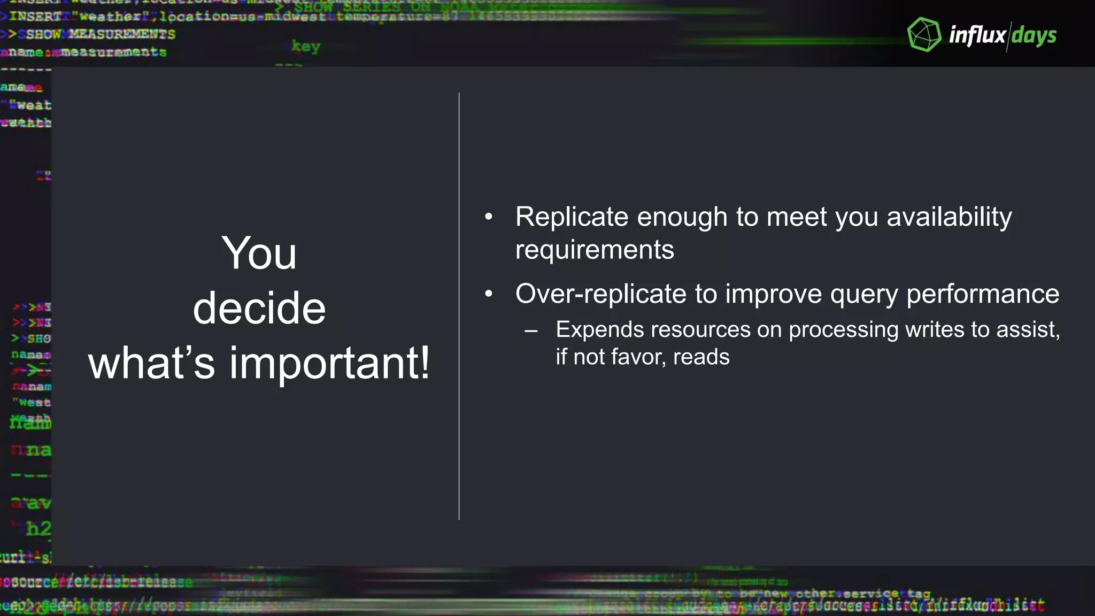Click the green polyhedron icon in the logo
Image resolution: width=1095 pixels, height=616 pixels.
coord(924,35)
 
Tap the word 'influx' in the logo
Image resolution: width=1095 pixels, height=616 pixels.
coord(977,35)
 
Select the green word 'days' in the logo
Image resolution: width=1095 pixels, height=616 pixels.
coord(1034,36)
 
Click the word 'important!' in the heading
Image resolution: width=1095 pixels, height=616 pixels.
coord(329,363)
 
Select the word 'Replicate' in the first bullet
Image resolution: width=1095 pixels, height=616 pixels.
coord(572,217)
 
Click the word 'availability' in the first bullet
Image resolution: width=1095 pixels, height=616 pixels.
coord(949,217)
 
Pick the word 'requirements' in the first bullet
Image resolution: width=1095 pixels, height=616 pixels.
coord(595,250)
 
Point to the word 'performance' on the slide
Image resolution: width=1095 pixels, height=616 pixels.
coord(983,294)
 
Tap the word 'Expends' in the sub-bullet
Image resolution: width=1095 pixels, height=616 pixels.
coord(599,330)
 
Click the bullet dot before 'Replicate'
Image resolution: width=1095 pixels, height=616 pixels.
coord(488,217)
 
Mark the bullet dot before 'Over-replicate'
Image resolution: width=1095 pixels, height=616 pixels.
coord(488,294)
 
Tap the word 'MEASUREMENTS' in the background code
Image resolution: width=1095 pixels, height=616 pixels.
coord(122,35)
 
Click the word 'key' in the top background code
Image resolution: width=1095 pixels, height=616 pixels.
coord(306,47)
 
